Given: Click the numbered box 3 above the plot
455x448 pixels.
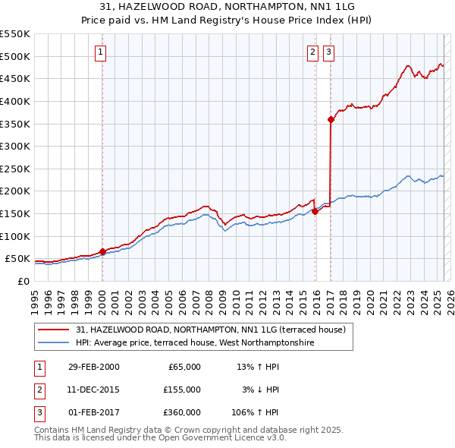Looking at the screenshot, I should (328, 52).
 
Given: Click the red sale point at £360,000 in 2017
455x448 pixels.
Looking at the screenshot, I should (331, 119).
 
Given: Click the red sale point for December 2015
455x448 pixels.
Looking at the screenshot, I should (315, 212).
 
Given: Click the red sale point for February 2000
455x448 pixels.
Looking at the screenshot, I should (102, 252).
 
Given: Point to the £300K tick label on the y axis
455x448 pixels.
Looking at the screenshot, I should (15, 146).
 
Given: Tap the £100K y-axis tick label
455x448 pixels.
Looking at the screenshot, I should (15, 236).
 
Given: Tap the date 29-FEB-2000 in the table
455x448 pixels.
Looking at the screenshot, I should (94, 367).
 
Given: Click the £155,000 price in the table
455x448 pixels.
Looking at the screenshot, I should (182, 390).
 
